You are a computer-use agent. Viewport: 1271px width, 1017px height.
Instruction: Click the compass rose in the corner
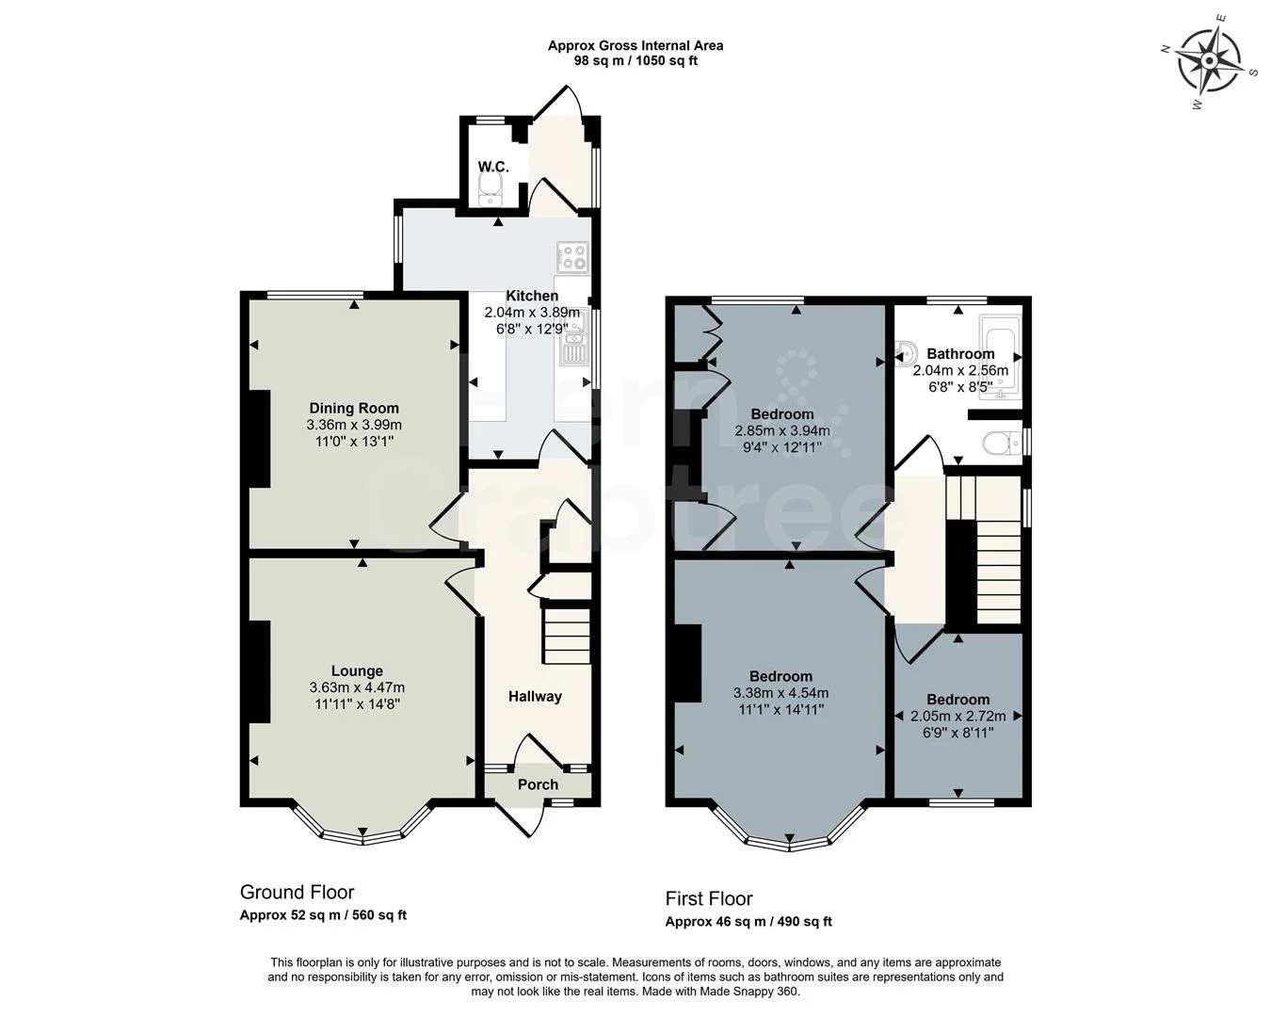coord(1209,61)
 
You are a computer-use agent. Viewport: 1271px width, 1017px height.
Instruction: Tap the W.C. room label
coord(493,167)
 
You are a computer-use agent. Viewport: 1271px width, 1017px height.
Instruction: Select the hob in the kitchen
coord(572,258)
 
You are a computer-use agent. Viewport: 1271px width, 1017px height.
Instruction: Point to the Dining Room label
coord(354,408)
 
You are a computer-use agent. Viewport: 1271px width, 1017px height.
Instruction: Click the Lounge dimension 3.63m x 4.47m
coord(357,687)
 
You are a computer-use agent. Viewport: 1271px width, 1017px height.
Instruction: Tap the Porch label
coord(538,784)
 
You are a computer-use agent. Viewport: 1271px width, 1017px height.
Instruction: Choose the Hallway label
coord(535,696)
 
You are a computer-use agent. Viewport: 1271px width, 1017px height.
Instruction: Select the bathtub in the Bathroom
coord(1000,358)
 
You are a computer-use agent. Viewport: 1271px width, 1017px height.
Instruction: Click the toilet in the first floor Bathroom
coord(1003,443)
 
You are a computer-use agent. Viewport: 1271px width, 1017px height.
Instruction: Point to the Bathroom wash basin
coord(906,353)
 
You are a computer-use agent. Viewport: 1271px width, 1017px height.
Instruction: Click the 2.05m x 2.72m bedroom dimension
coord(958,717)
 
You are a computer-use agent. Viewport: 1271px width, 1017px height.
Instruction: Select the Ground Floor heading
coord(297,892)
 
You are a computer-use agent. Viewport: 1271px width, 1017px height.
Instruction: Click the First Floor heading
coord(709,898)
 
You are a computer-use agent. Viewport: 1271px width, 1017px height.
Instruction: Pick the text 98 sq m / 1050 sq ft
coord(635,60)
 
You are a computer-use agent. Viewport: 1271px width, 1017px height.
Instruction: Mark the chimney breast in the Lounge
coord(259,671)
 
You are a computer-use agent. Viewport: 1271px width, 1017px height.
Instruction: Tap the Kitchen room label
coord(532,296)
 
